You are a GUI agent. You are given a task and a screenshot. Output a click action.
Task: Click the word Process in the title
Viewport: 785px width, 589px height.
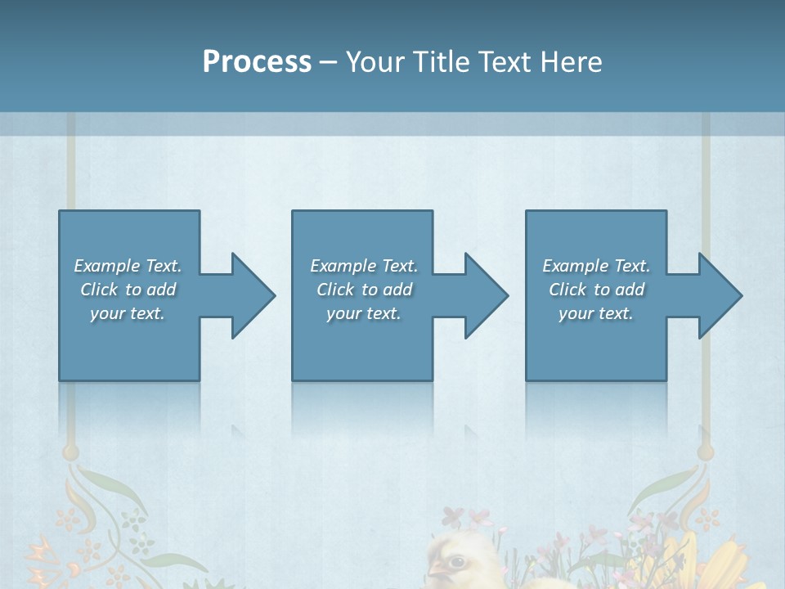pyautogui.click(x=257, y=62)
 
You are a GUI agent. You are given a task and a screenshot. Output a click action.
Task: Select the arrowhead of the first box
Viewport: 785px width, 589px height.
pyautogui.click(x=253, y=295)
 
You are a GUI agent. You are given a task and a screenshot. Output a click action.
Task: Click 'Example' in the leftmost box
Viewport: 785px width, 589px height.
pyautogui.click(x=106, y=266)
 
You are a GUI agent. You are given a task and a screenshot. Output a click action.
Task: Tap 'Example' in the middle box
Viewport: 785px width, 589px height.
pyautogui.click(x=343, y=266)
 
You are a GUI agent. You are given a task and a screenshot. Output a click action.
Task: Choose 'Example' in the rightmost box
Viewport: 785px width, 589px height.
pyautogui.click(x=575, y=266)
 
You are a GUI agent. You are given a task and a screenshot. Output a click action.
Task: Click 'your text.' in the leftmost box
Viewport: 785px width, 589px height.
pyautogui.click(x=128, y=313)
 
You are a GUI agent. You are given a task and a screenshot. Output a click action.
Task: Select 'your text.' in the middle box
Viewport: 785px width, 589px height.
pyautogui.click(x=364, y=313)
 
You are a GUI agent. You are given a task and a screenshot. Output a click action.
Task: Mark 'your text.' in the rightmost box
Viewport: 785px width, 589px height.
pyautogui.click(x=596, y=313)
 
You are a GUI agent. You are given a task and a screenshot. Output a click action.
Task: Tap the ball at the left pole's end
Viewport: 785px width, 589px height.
pyautogui.click(x=71, y=452)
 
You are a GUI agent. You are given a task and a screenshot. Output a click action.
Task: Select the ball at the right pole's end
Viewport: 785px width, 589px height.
pyautogui.click(x=706, y=452)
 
